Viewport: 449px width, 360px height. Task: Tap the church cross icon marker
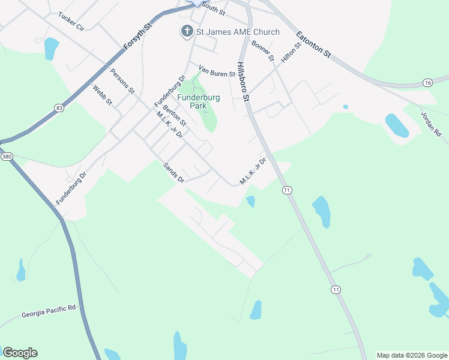tap(187, 31)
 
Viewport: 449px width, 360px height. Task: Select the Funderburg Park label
tap(198, 101)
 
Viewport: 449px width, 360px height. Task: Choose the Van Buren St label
tap(216, 74)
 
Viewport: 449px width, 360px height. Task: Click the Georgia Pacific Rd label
tap(49, 311)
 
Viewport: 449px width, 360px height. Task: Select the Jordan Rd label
tap(431, 124)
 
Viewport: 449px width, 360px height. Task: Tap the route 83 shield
tap(58, 107)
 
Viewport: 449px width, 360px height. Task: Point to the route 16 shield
tap(427, 82)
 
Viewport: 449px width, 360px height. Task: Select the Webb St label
tap(103, 95)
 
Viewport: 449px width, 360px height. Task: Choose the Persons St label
tap(122, 82)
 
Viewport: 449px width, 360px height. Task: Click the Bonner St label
tap(263, 51)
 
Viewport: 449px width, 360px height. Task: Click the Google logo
tap(20, 353)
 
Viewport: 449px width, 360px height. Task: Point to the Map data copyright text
tap(412, 355)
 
